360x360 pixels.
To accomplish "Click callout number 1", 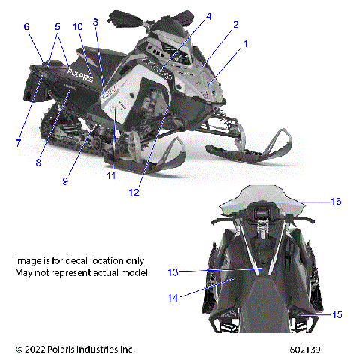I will pos(244,44).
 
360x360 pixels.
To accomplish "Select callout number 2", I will pos(235,25).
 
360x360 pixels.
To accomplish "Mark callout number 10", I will pos(78,27).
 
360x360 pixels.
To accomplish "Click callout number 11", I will pos(110,176).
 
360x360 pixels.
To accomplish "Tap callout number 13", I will pos(172,271).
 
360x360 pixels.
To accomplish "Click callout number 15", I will pos(337,314).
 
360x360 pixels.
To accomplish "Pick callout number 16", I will pos(337,201).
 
